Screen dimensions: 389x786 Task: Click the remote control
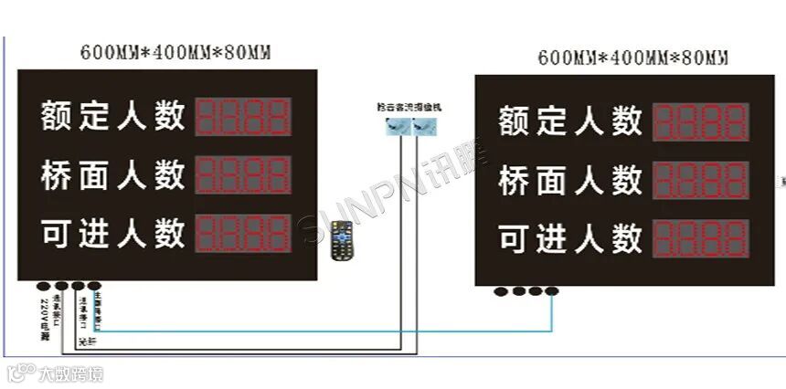coord(342,238)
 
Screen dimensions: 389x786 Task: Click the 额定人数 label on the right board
coord(570,121)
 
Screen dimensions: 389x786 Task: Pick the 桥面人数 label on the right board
coord(570,180)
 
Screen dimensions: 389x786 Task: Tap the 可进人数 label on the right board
coord(570,238)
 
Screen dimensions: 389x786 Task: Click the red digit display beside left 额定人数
coord(244,116)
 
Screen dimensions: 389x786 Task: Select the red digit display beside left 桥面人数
coord(244,173)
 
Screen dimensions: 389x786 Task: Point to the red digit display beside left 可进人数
coord(244,233)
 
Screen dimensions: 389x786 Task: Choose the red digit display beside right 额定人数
coord(702,121)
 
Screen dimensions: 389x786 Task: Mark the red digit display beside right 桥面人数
coord(702,180)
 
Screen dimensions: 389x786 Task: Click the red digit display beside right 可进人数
coord(702,238)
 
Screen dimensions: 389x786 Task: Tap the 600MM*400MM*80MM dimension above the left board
coord(175,51)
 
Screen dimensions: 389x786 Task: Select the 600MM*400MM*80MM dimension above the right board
coord(633,58)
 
